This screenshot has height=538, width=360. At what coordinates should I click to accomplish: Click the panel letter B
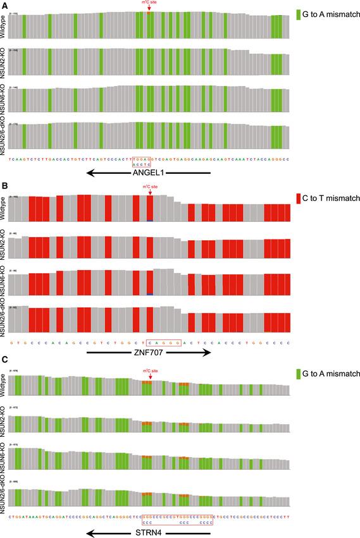5,187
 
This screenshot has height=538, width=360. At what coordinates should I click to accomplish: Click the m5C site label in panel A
149,3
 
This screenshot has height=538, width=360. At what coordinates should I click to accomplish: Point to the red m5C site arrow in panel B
149,192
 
